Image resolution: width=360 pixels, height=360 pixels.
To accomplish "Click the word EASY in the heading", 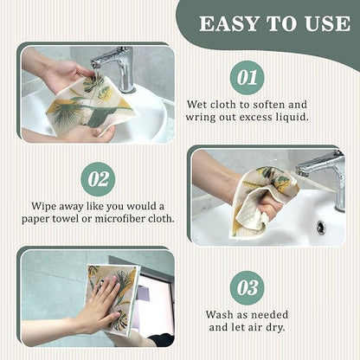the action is [229, 23].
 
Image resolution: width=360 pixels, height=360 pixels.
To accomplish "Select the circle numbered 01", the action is [247, 78].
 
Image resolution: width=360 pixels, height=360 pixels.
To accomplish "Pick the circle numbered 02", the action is [98, 179].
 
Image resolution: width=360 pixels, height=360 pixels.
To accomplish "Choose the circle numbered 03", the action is [247, 287].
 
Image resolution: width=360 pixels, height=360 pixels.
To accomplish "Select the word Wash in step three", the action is [220, 314].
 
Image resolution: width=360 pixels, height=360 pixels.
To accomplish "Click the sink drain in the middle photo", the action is [320, 228].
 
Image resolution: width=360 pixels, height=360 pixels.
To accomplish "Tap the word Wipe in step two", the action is [44, 207].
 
